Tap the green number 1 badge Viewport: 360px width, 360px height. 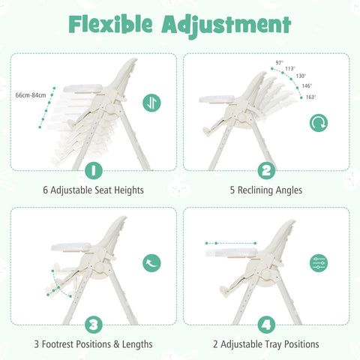pos(93,171)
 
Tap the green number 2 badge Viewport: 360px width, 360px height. pos(265,171)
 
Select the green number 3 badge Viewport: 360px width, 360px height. pos(93,325)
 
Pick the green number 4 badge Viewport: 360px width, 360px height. pos(265,325)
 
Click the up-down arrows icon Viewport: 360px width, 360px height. pos(151,102)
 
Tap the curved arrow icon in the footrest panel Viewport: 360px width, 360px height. pos(151,262)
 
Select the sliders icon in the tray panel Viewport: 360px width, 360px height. pos(319,262)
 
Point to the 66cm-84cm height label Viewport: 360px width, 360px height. pos(30,95)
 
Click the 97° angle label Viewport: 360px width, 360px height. pos(279,63)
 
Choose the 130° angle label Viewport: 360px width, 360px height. pos(300,76)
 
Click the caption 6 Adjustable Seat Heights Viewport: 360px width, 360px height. pos(93,190)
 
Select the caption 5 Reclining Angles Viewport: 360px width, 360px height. pos(265,190)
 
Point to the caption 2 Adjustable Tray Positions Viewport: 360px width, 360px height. pos(265,344)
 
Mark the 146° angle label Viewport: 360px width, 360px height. pos(307,86)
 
